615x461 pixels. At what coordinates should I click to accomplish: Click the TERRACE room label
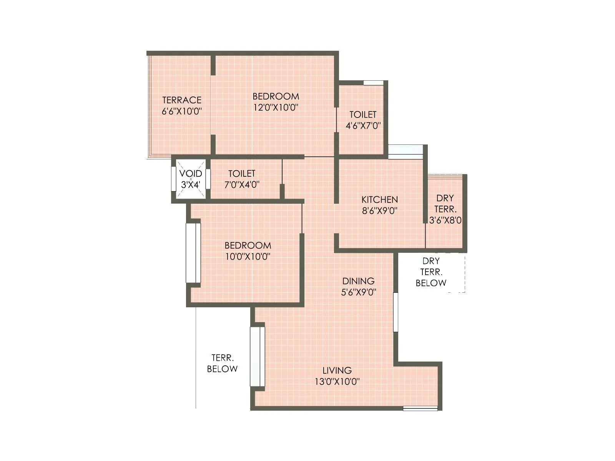182,100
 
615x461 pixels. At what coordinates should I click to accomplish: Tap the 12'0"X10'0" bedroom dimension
276,108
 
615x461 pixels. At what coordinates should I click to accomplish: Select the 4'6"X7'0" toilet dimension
363,126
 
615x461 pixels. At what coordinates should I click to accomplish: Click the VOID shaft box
191,179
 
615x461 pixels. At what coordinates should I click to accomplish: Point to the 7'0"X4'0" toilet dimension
242,185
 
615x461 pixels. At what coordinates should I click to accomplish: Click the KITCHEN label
379,199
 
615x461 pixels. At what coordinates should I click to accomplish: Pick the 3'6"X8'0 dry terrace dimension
445,221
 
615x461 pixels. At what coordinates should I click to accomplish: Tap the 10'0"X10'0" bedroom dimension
248,257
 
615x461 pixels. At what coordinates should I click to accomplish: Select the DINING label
358,281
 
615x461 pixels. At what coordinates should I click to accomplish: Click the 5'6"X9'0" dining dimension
358,292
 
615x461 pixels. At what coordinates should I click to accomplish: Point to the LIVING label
337,370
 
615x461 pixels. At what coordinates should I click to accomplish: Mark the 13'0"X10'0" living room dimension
337,382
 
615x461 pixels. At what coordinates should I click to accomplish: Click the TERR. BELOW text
222,363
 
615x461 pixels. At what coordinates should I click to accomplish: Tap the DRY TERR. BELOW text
431,272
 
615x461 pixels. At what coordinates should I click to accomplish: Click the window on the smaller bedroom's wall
193,253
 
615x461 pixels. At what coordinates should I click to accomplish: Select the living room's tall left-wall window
257,357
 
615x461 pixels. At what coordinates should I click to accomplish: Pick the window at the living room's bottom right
420,409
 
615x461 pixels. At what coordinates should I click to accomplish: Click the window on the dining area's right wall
396,312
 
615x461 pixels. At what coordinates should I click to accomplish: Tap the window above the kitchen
406,151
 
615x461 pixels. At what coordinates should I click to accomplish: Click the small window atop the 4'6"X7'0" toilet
373,83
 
